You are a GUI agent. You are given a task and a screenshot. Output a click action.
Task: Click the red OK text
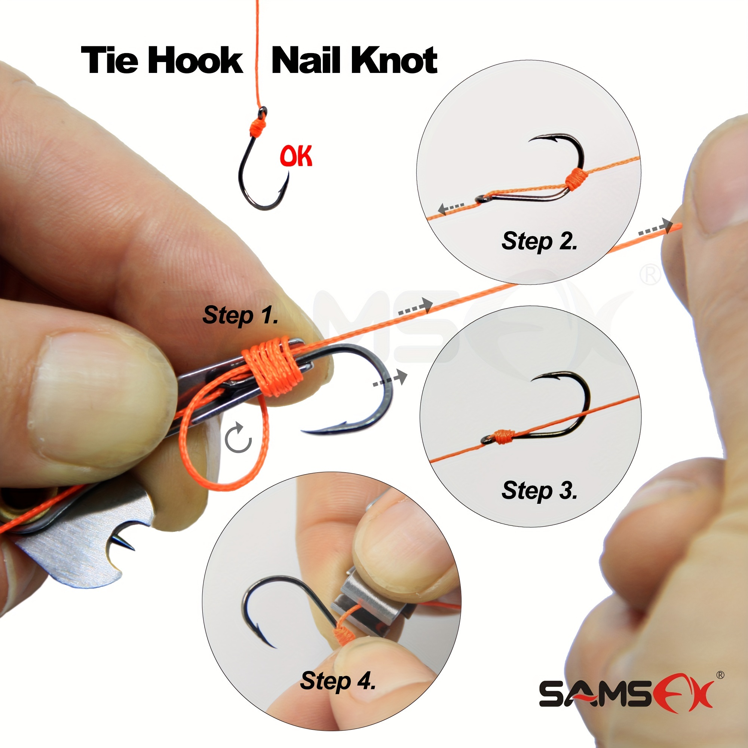pyautogui.click(x=296, y=156)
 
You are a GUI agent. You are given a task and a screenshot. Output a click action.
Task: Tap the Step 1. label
pyautogui.click(x=240, y=315)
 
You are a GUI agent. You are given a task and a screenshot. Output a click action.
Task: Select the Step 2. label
pyautogui.click(x=539, y=241)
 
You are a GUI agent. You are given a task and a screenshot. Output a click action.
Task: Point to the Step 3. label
pyautogui.click(x=539, y=491)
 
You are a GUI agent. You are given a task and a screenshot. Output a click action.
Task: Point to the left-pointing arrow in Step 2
pyautogui.click(x=451, y=208)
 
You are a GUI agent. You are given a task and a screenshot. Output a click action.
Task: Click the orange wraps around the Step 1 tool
pyautogui.click(x=272, y=366)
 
